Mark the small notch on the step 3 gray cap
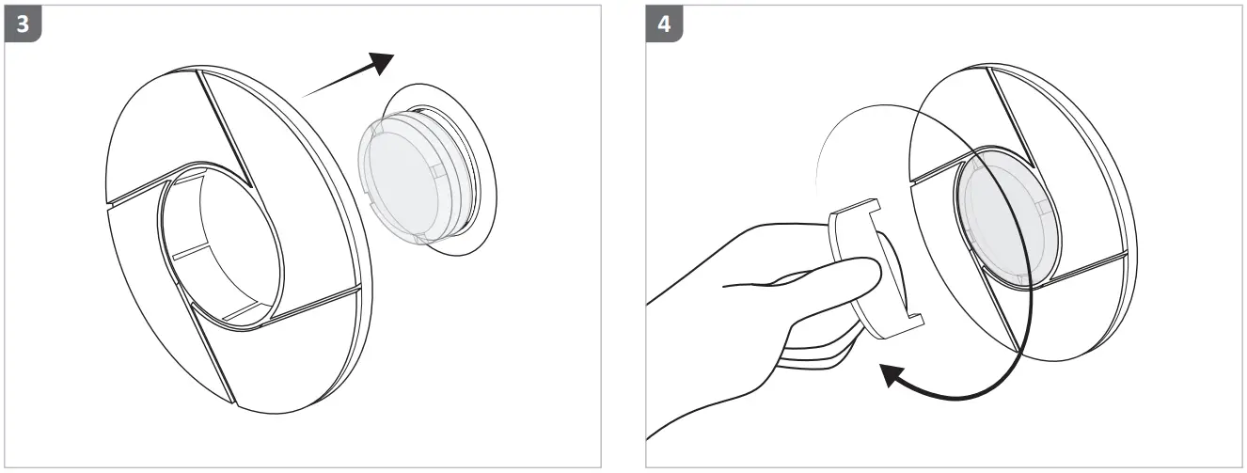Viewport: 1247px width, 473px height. [x=435, y=171]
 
